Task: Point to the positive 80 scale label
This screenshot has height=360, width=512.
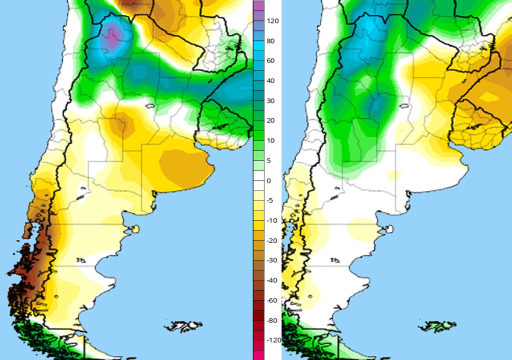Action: (269, 41)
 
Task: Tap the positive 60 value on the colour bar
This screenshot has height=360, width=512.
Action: (269, 60)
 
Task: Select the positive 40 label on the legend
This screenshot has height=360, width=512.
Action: (269, 80)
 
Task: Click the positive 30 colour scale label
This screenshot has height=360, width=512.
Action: (269, 100)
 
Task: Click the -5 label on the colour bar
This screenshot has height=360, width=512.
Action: (269, 200)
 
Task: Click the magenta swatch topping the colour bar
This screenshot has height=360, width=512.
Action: (258, 5)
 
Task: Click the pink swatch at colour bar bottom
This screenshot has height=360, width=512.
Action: (258, 354)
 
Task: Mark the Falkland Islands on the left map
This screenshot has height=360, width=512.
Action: (184, 326)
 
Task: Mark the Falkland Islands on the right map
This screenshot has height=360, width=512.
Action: (437, 326)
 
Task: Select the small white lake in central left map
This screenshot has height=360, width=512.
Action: (148, 106)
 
